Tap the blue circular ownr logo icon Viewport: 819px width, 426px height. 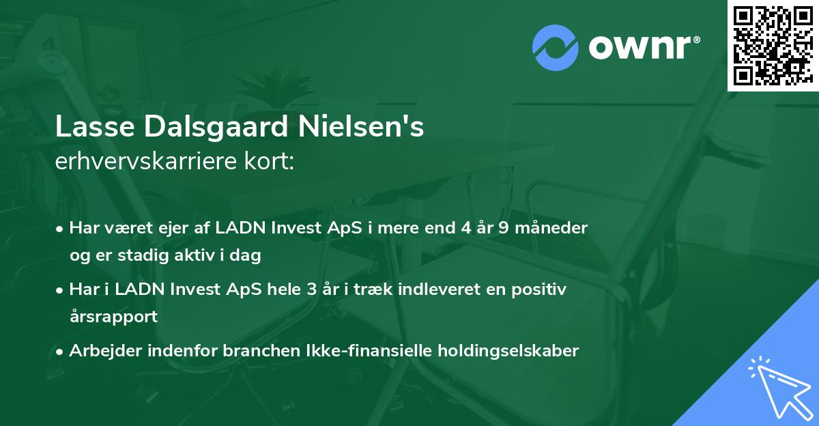pos(556,46)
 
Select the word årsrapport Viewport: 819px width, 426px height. pos(113,317)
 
